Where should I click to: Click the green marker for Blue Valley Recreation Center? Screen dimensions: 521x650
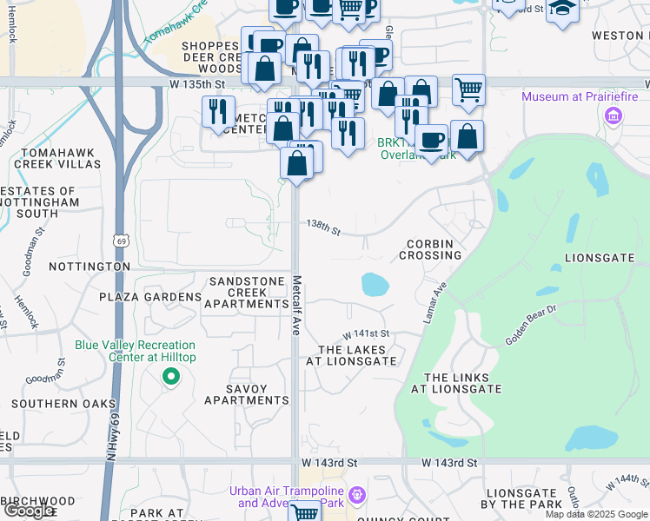[x=171, y=377]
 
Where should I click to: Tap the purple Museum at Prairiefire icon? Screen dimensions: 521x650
[x=614, y=115]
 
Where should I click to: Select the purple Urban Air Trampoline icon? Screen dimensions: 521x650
[x=356, y=497]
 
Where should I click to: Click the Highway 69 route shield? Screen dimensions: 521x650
[x=119, y=240]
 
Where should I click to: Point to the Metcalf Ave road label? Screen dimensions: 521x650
[x=297, y=306]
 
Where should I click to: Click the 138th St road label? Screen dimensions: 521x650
[x=322, y=226]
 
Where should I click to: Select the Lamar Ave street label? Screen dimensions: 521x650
[x=435, y=303]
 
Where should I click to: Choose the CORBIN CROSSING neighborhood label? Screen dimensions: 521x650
[x=430, y=249]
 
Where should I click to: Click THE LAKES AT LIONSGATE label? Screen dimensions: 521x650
[x=351, y=354]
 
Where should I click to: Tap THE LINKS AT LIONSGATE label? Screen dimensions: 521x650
[x=462, y=383]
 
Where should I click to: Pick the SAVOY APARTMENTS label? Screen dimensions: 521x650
[x=246, y=394]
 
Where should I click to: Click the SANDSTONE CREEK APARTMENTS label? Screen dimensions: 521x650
[x=246, y=293]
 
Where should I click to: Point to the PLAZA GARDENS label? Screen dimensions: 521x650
[x=149, y=297]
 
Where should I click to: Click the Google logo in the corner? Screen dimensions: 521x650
[x=29, y=511]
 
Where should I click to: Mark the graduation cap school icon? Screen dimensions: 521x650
[x=562, y=10]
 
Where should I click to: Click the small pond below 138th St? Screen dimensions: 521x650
[x=374, y=283]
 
